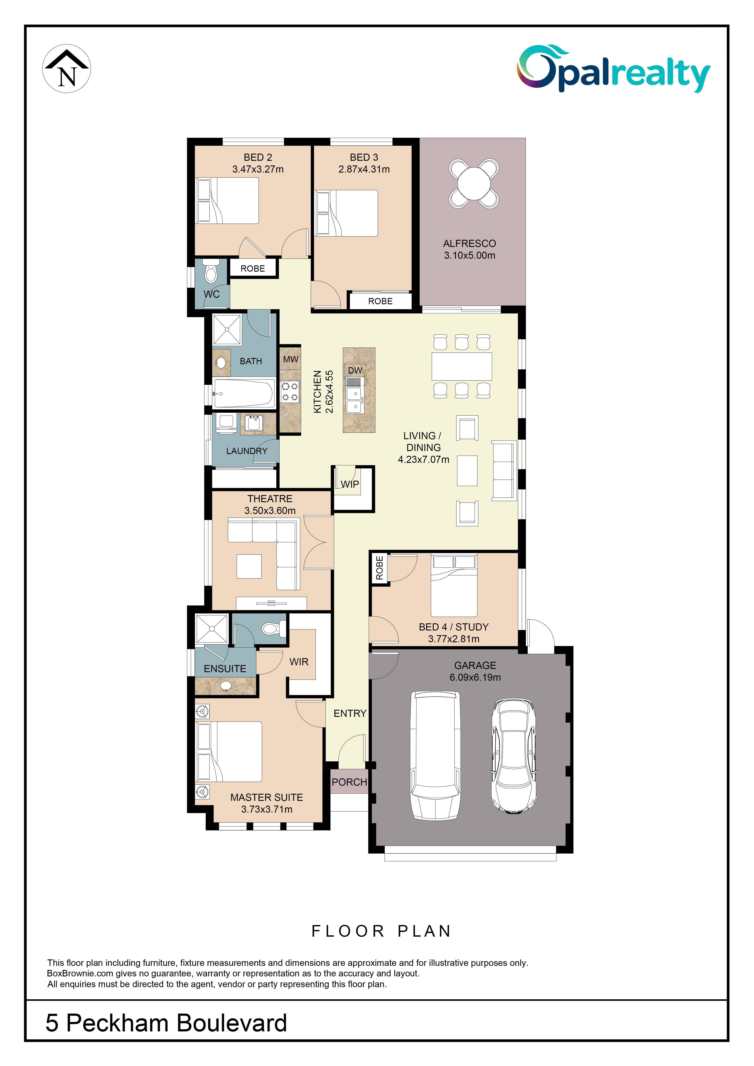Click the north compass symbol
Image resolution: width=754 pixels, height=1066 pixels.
[x=67, y=69]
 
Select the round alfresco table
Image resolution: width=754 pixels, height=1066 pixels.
[x=474, y=183]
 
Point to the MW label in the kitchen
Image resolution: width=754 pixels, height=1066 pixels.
[x=291, y=359]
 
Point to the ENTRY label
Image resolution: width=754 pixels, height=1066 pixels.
[x=350, y=714]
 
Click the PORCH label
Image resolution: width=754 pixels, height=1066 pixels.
[x=349, y=782]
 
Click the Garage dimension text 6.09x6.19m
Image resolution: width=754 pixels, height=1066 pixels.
[x=475, y=677]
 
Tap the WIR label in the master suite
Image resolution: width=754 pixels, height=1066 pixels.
[x=299, y=662]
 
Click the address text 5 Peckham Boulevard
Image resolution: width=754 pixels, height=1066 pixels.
[x=166, y=1023]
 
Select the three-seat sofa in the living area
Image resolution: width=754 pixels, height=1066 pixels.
[x=504, y=471]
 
